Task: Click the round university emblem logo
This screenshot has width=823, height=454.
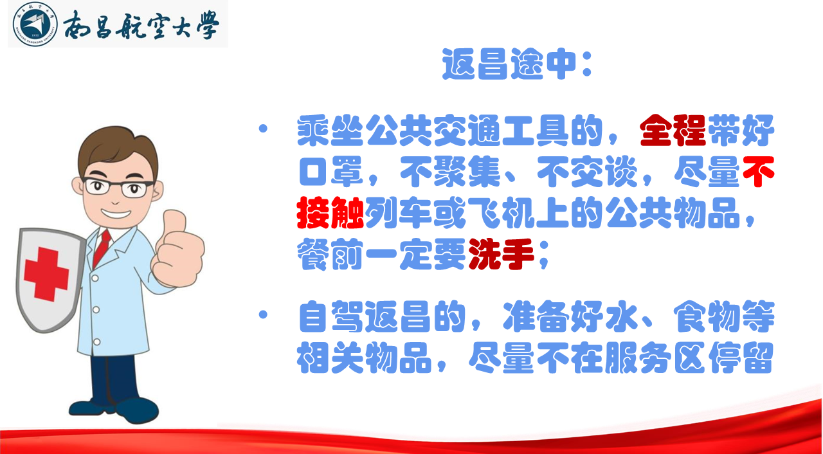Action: click(35, 24)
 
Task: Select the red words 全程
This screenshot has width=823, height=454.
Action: click(673, 131)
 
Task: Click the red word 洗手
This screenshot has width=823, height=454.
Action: click(501, 254)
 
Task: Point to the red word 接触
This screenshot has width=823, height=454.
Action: click(330, 213)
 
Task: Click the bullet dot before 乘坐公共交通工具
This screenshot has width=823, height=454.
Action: click(263, 128)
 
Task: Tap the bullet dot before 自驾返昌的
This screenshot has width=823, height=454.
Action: click(263, 314)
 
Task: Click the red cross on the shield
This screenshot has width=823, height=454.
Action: click(46, 274)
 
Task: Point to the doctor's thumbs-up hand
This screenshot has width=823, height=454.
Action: click(178, 249)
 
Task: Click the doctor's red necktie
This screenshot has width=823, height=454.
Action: click(102, 249)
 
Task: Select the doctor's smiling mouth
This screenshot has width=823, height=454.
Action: click(116, 213)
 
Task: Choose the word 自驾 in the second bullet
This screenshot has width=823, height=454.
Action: click(331, 316)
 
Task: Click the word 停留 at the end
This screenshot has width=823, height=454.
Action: click(741, 358)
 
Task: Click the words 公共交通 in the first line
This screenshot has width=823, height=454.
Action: click(433, 131)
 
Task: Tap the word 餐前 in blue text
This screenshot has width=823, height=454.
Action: click(330, 254)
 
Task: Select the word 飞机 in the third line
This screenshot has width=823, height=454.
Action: click(501, 213)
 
